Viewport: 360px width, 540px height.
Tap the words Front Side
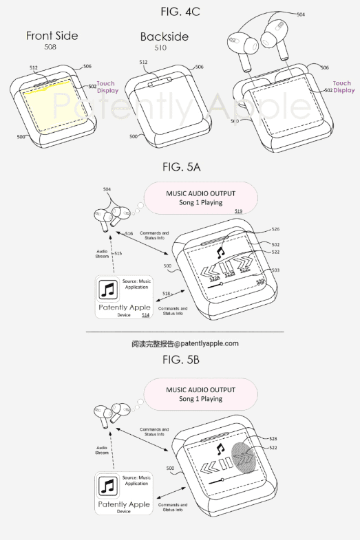click(x=52, y=36)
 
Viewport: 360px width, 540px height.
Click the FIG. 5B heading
click(x=181, y=360)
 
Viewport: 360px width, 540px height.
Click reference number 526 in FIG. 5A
click(x=276, y=230)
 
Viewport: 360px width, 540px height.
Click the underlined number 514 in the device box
click(x=145, y=314)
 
